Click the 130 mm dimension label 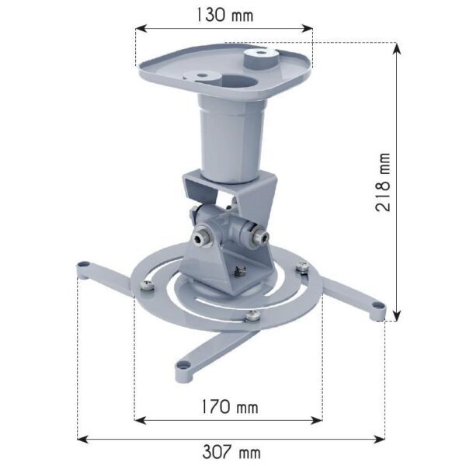pyautogui.click(x=225, y=15)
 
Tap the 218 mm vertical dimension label pyautogui.click(x=382, y=182)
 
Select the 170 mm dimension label pyautogui.click(x=230, y=406)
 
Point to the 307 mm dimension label pyautogui.click(x=231, y=452)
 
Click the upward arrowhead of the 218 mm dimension pyautogui.click(x=397, y=48)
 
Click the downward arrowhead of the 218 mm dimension pyautogui.click(x=397, y=315)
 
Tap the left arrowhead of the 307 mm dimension pyautogui.click(x=83, y=439)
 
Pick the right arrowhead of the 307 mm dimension pyautogui.click(x=379, y=439)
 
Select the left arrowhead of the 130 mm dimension pyautogui.click(x=141, y=29)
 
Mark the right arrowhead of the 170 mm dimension pyautogui.click(x=317, y=420)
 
